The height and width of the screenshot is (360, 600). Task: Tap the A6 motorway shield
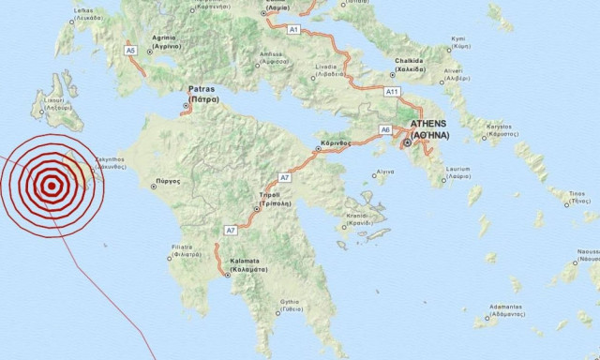[x=385, y=129]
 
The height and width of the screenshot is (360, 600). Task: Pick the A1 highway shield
[x=293, y=31]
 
